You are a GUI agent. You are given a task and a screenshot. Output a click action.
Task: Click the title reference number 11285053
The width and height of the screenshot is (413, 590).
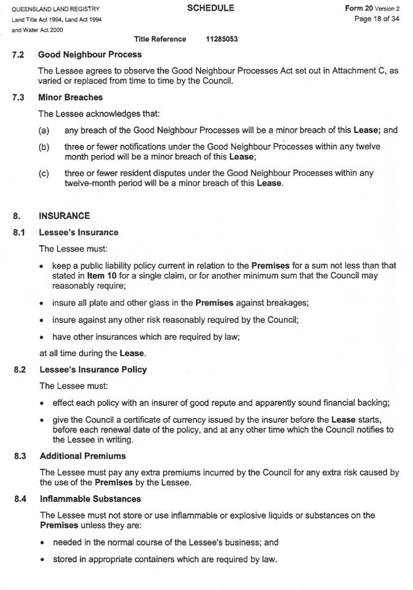(x=222, y=39)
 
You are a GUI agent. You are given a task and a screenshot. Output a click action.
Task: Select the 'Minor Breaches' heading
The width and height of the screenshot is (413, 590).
(x=70, y=97)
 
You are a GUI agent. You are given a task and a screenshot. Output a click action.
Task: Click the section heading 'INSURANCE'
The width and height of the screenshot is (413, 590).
(x=64, y=215)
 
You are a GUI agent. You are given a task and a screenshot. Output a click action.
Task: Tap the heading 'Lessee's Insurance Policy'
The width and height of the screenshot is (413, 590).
(x=93, y=370)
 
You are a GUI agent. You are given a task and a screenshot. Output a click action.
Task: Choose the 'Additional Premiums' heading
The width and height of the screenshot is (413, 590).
(x=83, y=456)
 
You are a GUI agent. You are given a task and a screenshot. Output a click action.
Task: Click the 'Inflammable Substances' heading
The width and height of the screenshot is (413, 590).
(x=90, y=499)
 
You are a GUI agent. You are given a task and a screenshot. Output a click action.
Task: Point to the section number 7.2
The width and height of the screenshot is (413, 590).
(x=18, y=54)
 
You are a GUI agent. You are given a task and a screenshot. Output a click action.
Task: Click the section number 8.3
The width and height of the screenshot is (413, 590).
(x=18, y=456)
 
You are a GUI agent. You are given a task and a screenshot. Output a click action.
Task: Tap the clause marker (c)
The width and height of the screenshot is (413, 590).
(x=43, y=173)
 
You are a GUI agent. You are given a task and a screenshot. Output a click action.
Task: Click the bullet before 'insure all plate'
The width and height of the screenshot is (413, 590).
(x=40, y=304)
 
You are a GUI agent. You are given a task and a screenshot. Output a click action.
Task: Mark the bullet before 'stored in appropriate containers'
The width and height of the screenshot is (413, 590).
(x=40, y=559)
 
